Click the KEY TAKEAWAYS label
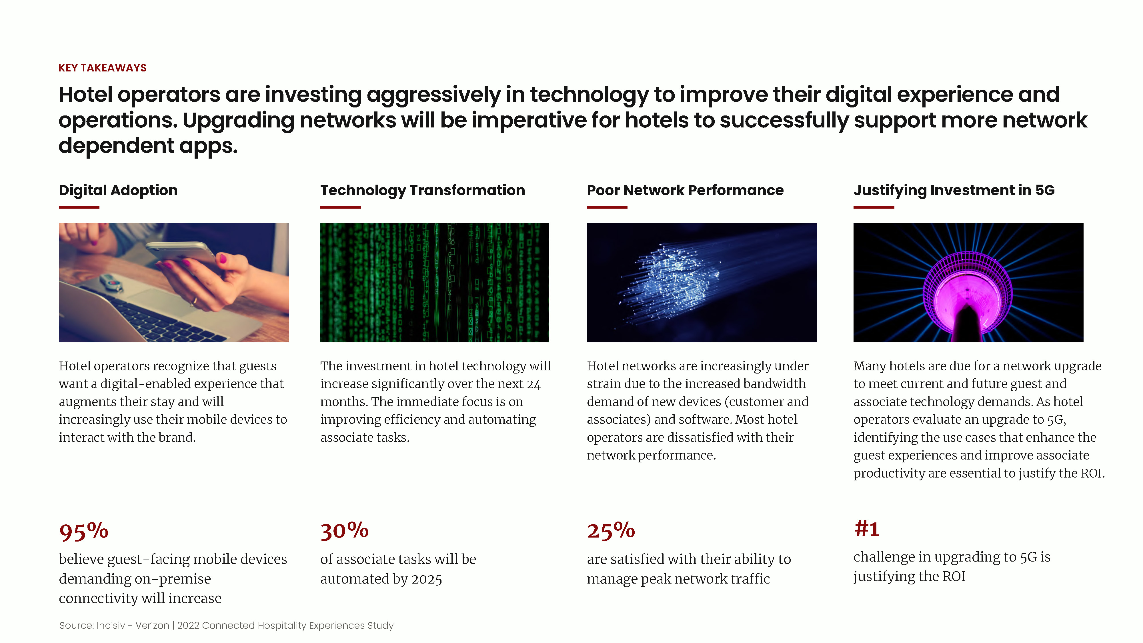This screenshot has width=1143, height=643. (x=103, y=68)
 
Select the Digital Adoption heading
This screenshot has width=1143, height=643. (x=118, y=190)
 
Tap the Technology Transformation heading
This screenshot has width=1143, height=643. (x=422, y=190)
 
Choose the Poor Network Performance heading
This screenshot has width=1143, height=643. (x=685, y=190)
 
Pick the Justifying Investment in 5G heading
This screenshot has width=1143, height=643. (x=954, y=190)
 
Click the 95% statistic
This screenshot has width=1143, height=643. (x=84, y=531)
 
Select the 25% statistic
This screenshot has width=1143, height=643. (x=611, y=530)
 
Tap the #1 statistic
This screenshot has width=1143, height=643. (x=867, y=528)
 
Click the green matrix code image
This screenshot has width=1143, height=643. (x=434, y=283)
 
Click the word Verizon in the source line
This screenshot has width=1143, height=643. (x=152, y=625)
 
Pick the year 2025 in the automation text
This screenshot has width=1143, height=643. (x=426, y=579)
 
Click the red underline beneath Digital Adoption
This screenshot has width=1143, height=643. (x=79, y=207)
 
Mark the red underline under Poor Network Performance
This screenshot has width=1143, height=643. (x=607, y=207)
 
